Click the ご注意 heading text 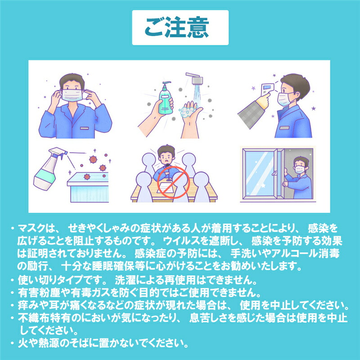click(x=177, y=27)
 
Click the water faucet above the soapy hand click(x=195, y=78)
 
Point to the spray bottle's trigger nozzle click(x=59, y=152)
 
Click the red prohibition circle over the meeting click(x=174, y=182)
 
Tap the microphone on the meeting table click(x=168, y=172)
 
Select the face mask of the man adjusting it click(x=72, y=95)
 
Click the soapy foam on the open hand click(x=186, y=112)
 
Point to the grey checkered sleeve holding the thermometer click(x=251, y=114)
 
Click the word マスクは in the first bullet click(x=36, y=228)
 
